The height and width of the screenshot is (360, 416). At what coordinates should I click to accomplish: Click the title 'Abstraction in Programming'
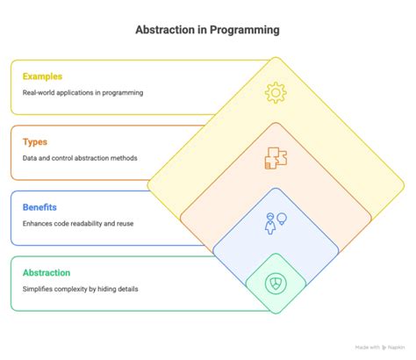pos(207,30)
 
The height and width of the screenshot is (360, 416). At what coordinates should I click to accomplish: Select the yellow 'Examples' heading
pos(43,77)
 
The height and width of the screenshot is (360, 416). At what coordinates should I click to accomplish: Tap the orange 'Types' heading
pos(36,142)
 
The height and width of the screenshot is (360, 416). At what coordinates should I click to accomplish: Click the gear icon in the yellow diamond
pos(276,92)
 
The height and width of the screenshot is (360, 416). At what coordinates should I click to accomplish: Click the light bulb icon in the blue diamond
pos(283,218)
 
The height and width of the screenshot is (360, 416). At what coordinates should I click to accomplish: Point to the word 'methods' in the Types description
pos(132,158)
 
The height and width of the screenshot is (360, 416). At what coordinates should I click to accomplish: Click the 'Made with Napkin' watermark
pos(379,349)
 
